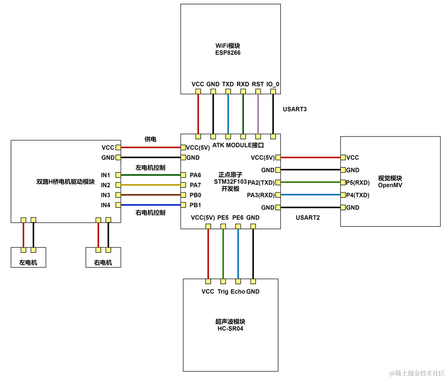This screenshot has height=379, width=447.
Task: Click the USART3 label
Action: click(x=295, y=109)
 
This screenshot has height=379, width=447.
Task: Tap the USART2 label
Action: click(x=307, y=218)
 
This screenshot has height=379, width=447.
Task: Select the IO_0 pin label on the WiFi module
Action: click(x=273, y=84)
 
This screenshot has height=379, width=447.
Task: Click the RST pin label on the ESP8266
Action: click(x=258, y=84)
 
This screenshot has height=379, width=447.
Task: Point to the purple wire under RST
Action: click(x=258, y=114)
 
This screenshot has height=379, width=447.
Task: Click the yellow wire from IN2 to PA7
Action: click(x=151, y=185)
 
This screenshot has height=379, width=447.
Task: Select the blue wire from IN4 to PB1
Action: click(x=151, y=205)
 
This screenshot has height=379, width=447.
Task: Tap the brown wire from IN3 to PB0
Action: click(x=151, y=195)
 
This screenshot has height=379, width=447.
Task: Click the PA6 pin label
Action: click(x=195, y=175)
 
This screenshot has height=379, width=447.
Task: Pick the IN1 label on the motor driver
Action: click(x=106, y=175)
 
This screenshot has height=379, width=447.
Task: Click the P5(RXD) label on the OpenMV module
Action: click(x=358, y=183)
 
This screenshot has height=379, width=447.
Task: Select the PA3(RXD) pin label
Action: click(x=260, y=195)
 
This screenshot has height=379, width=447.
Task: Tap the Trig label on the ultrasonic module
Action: click(x=223, y=292)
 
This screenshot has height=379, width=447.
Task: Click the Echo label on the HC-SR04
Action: click(x=238, y=292)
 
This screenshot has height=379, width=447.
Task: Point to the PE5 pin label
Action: click(x=223, y=218)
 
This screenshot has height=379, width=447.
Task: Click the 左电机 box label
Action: click(x=28, y=262)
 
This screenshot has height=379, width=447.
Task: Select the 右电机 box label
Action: click(x=103, y=262)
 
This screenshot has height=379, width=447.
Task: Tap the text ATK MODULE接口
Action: click(x=238, y=145)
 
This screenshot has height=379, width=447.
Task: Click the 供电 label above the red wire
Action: click(x=150, y=139)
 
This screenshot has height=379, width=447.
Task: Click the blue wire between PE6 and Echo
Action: click(x=238, y=254)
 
